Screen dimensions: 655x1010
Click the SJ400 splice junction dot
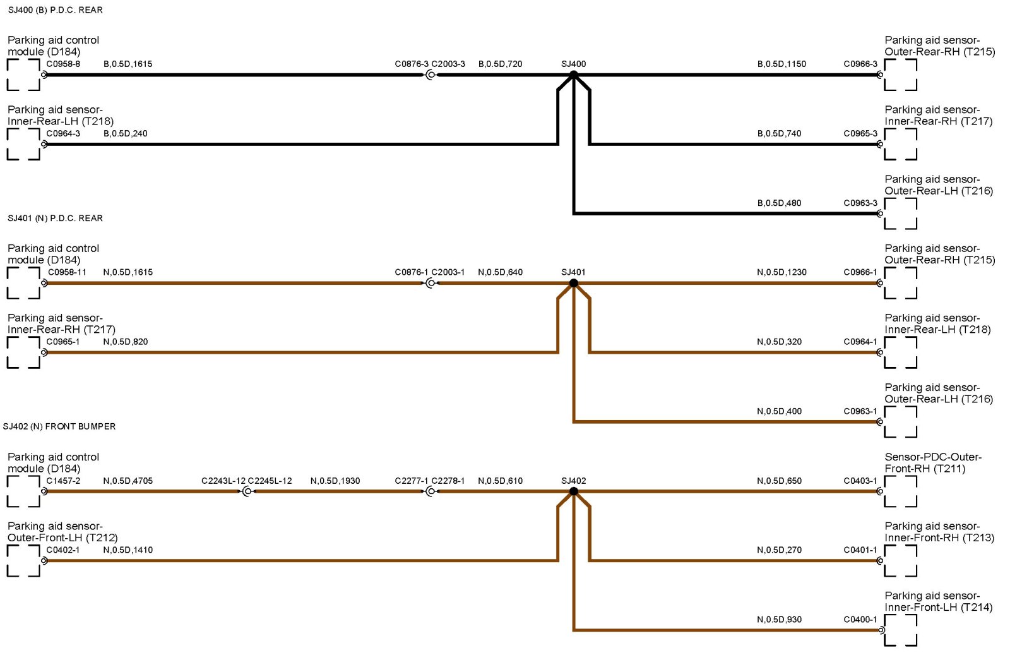tap(573, 75)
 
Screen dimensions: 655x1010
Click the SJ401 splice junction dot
tap(573, 283)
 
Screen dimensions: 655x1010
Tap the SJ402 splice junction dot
tap(573, 491)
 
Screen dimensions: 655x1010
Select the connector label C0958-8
tap(63, 64)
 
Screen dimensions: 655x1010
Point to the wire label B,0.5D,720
tap(500, 64)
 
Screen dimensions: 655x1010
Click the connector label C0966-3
tap(860, 64)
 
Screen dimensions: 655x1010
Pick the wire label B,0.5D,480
tap(779, 203)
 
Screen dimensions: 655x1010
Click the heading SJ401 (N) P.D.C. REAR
tap(55, 218)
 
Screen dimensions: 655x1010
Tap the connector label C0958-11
tap(67, 272)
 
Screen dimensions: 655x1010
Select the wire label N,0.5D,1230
tap(781, 272)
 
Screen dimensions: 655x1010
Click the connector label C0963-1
tap(860, 411)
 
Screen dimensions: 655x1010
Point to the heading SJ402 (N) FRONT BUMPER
tap(59, 426)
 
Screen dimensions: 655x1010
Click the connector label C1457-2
tap(63, 481)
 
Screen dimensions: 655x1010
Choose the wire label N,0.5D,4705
tap(128, 481)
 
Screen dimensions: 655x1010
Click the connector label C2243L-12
tap(223, 481)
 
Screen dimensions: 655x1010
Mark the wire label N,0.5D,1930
tap(335, 481)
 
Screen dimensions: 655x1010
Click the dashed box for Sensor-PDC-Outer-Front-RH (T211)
tap(901, 491)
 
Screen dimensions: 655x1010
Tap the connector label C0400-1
tap(860, 620)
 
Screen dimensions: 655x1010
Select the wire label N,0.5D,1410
tap(128, 550)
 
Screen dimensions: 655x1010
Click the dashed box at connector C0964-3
tap(23, 144)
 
